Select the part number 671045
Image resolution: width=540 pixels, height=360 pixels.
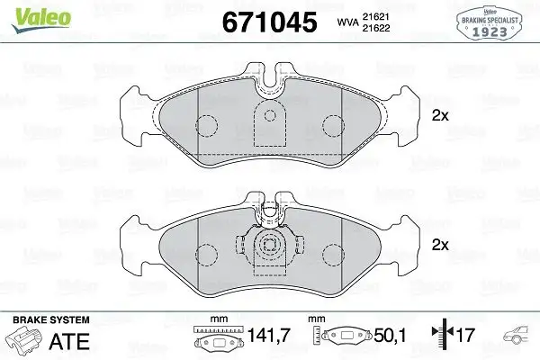[270, 21]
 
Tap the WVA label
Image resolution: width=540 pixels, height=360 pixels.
[347, 22]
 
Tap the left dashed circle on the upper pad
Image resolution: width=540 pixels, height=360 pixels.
[208, 127]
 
